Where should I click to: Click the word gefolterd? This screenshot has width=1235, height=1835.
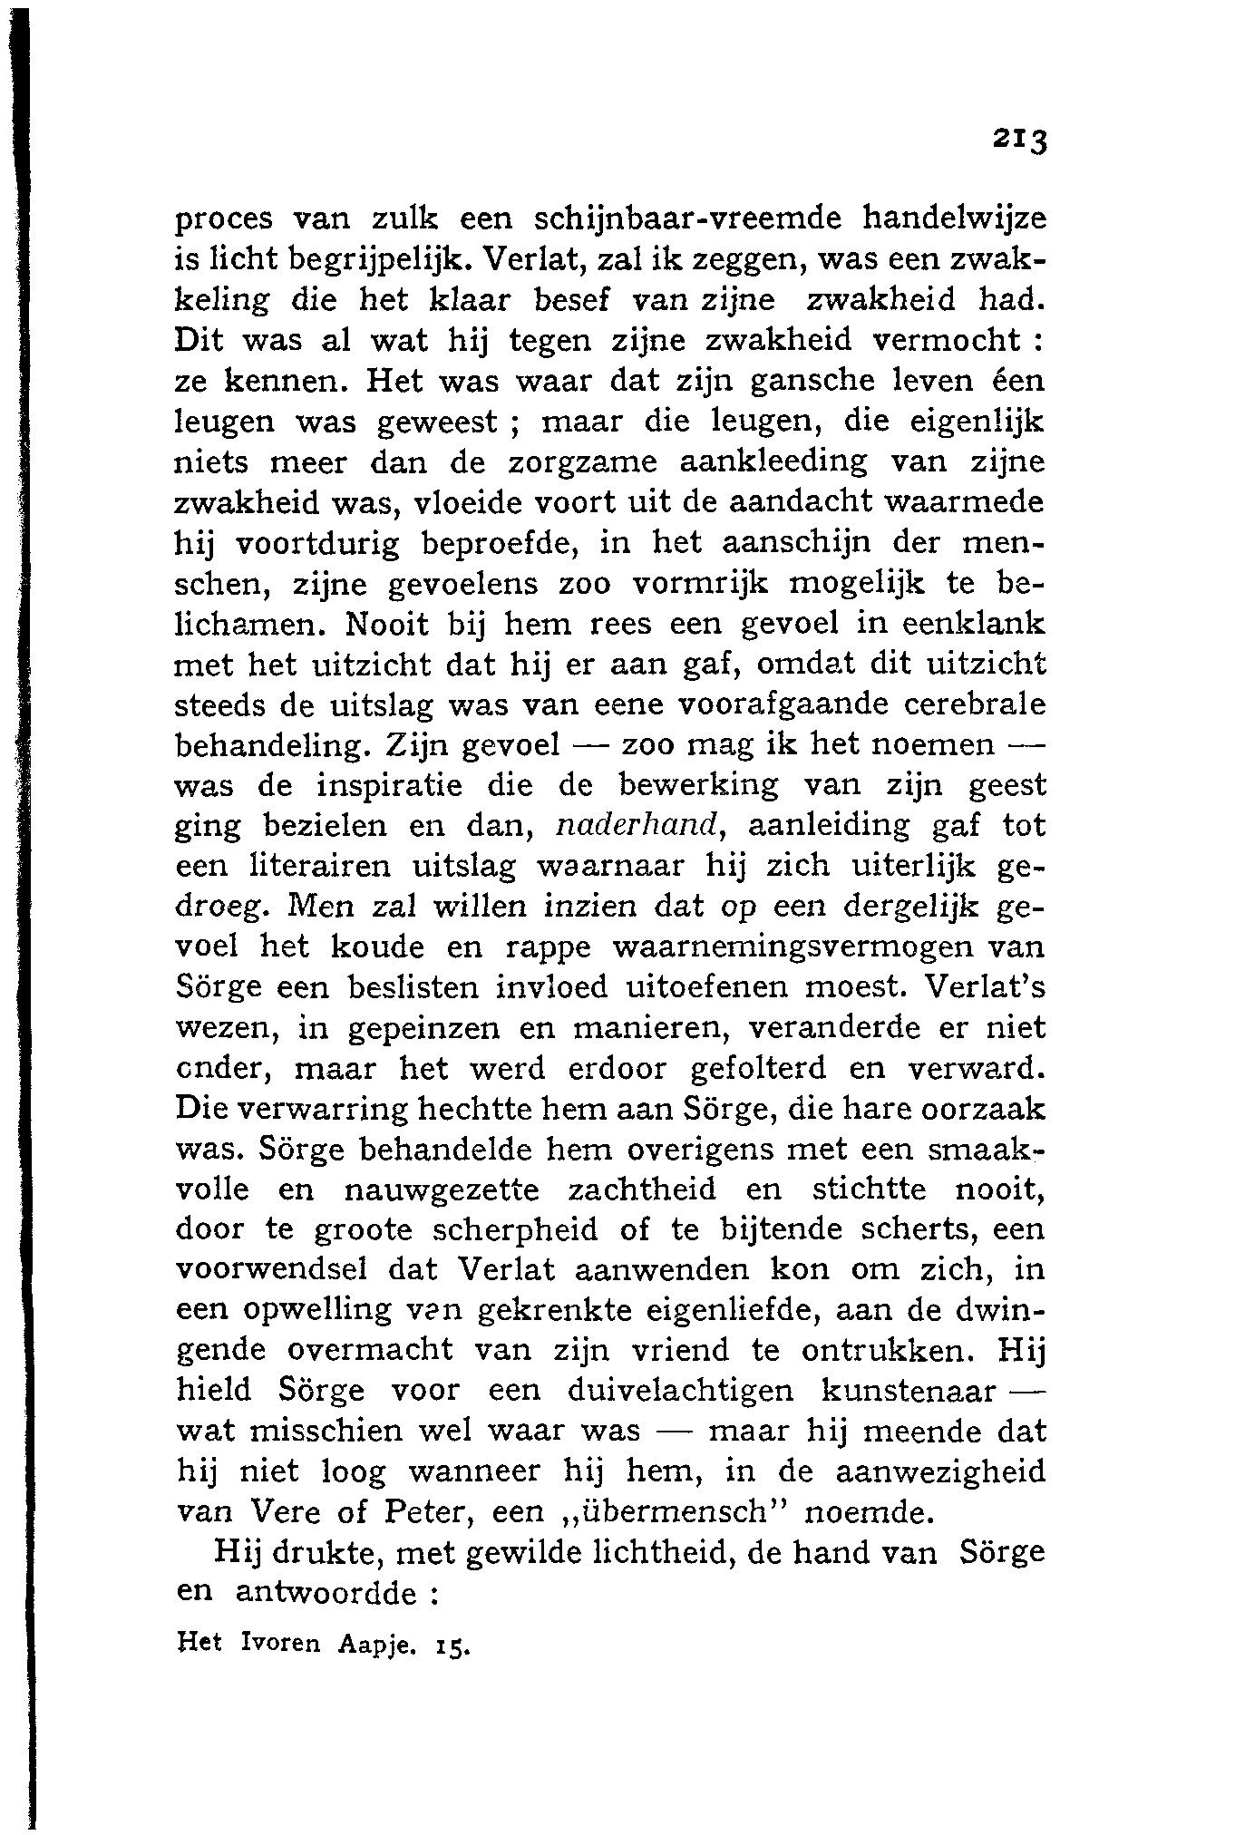[758, 1068]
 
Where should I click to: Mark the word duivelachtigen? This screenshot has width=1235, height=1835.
[679, 1390]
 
